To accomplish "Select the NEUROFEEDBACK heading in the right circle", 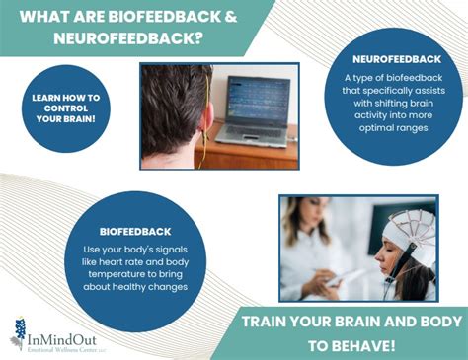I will tap(390, 59).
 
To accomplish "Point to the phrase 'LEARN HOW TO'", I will tap(64, 98).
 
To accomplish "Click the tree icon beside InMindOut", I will tap(18, 333).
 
